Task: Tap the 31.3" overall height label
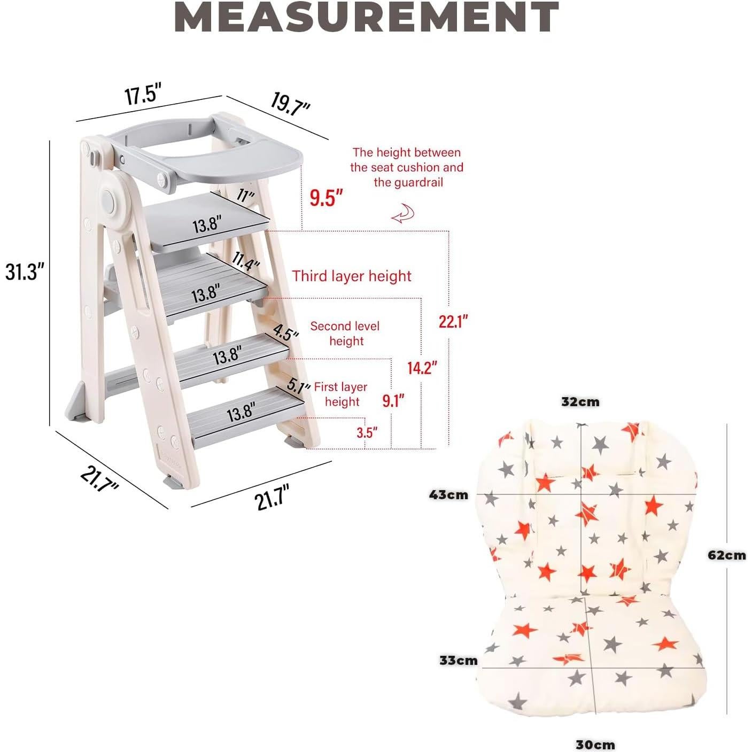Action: [24, 272]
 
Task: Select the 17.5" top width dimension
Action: [143, 94]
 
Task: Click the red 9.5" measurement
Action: [325, 198]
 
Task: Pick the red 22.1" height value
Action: [453, 321]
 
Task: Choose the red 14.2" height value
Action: [422, 368]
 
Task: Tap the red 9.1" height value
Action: [393, 400]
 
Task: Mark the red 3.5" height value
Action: [367, 432]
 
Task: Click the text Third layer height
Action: [352, 276]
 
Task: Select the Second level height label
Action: [345, 334]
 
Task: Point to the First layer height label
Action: [341, 394]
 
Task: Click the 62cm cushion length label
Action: [726, 555]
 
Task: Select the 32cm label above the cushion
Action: [580, 401]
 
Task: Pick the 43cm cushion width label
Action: [448, 495]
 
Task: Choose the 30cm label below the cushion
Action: [595, 744]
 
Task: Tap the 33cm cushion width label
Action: [459, 660]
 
